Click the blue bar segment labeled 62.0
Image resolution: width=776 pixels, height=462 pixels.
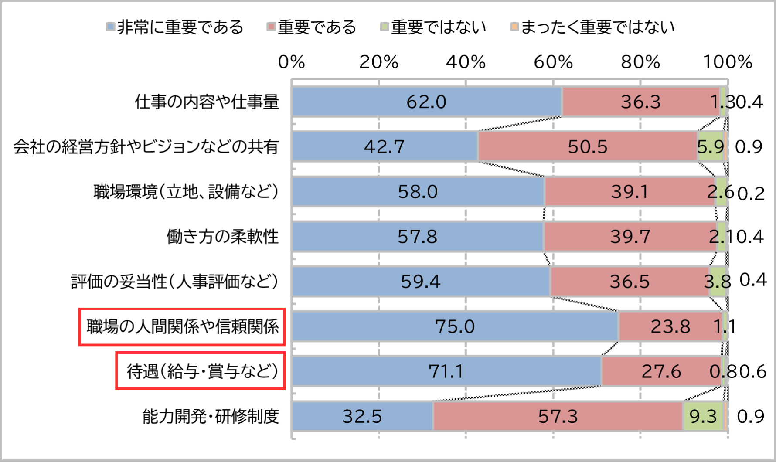click(426, 102)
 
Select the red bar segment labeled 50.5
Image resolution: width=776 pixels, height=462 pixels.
click(587, 147)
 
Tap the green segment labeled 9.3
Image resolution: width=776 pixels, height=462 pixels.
click(703, 416)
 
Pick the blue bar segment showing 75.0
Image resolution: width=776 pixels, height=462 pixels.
click(455, 326)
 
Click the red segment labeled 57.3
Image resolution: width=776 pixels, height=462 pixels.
click(558, 416)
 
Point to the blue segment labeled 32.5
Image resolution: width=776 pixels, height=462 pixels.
click(362, 416)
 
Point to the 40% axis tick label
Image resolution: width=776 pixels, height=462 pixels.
click(466, 62)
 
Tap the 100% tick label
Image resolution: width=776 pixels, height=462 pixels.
click(727, 62)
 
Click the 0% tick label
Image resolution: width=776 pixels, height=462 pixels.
click(291, 62)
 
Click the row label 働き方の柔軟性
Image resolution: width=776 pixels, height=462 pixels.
click(222, 237)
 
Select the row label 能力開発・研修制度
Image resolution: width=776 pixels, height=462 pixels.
click(211, 417)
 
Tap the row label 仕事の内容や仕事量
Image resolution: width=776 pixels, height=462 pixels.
click(207, 102)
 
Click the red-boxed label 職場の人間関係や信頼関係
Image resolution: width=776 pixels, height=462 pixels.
click(182, 326)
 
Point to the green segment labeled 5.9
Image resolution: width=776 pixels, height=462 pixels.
click(710, 147)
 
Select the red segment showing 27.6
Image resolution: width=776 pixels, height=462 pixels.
click(661, 371)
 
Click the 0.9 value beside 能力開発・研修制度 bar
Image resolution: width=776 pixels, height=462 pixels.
click(750, 417)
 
